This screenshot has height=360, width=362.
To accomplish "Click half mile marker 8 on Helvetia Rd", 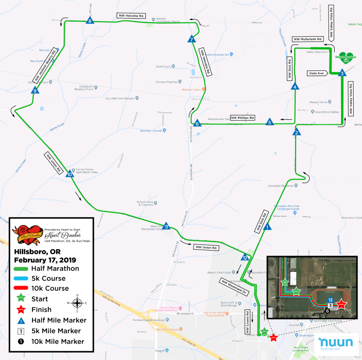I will tap(90, 20).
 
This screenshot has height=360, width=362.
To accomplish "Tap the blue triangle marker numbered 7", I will tap(192, 40).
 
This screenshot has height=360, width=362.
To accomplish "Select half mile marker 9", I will tap(35, 90).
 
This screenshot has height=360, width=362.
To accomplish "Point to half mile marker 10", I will tap(70, 174).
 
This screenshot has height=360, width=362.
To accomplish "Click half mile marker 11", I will tap(166, 226).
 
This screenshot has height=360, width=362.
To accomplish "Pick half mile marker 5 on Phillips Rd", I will tap(269, 122).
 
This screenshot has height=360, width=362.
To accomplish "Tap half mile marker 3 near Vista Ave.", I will tap(342, 73).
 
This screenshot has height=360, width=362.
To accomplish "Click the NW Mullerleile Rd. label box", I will tap(307, 39).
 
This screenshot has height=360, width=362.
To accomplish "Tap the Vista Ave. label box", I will tap(317, 73).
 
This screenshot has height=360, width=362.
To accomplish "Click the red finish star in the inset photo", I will tap(341, 304).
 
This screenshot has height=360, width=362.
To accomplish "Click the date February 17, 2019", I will tap(45, 259).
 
